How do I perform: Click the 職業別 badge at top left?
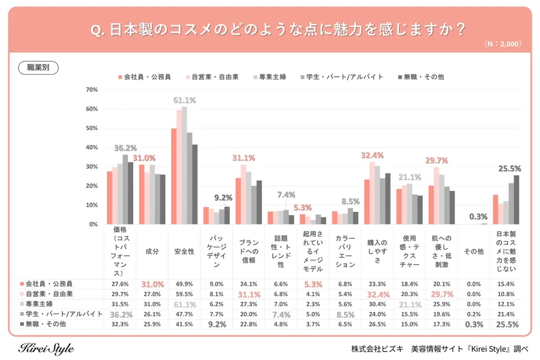click(38, 67)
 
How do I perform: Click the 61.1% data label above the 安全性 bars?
click(185, 100)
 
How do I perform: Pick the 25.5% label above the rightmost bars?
click(510, 169)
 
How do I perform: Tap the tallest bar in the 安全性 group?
click(185, 165)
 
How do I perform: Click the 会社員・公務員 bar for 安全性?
click(173, 176)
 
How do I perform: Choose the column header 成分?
click(152, 252)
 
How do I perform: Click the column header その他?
click(474, 252)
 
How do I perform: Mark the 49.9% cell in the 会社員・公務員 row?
click(185, 284)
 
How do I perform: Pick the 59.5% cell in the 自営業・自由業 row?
click(185, 294)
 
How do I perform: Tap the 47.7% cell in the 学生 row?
click(185, 315)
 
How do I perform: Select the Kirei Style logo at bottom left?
click(46, 348)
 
